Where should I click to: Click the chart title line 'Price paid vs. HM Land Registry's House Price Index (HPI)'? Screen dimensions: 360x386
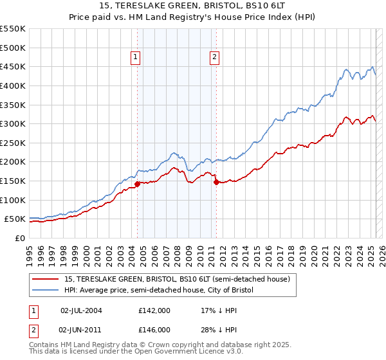click(193, 18)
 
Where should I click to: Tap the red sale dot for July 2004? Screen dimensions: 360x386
click(137, 184)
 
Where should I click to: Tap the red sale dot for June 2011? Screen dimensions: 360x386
click(216, 183)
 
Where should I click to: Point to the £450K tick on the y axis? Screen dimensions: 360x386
click(13, 66)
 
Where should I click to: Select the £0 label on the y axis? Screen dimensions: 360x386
click(19, 238)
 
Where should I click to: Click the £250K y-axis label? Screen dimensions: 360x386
click(13, 143)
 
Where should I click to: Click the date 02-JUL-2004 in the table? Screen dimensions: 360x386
click(81, 310)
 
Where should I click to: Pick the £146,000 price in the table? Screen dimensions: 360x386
click(154, 329)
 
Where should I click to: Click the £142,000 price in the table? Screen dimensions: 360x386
click(154, 310)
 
